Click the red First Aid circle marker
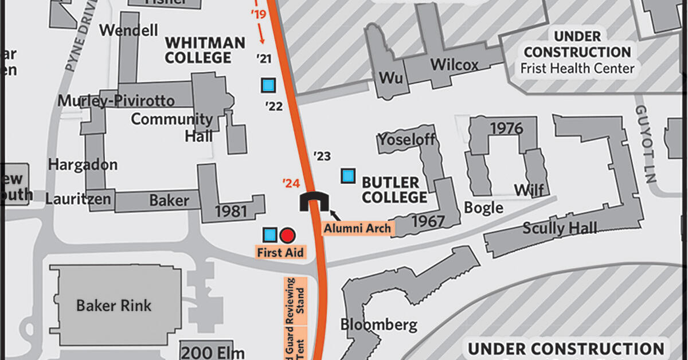point(288,234)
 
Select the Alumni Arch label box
point(358,228)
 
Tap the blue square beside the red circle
point(269,234)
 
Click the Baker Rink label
point(114,305)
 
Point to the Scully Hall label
point(559,228)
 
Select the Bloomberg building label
point(378,324)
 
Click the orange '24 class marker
point(291,183)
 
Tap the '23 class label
point(322,156)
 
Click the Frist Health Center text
point(577,68)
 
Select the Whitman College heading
point(205,50)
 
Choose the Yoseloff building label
point(406,139)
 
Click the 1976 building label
point(506,128)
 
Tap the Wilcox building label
point(454,65)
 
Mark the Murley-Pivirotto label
point(116,101)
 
